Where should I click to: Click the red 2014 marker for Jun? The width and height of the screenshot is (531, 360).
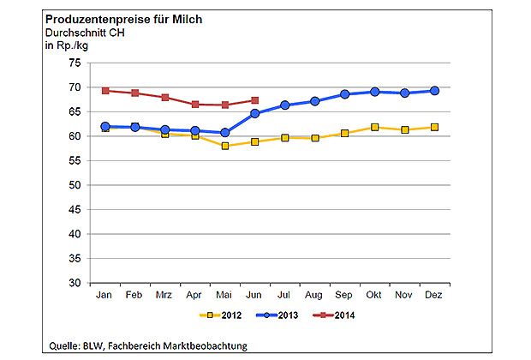tap(254, 100)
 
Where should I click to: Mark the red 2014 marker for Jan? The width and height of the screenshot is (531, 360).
tap(105, 91)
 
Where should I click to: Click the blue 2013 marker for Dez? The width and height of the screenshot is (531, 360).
tap(434, 91)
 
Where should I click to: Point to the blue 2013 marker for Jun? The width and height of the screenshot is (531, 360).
tap(254, 113)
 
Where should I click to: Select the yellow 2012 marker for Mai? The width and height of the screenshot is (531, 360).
tap(224, 146)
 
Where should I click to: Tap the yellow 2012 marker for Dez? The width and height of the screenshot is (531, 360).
tap(434, 127)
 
